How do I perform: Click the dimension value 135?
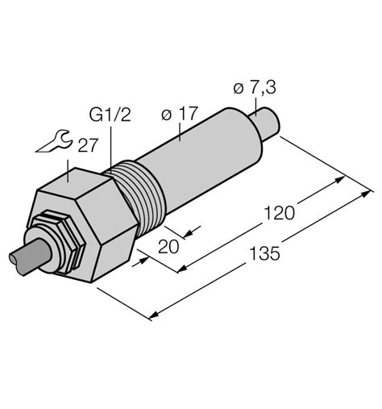pyautogui.click(x=264, y=253)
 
